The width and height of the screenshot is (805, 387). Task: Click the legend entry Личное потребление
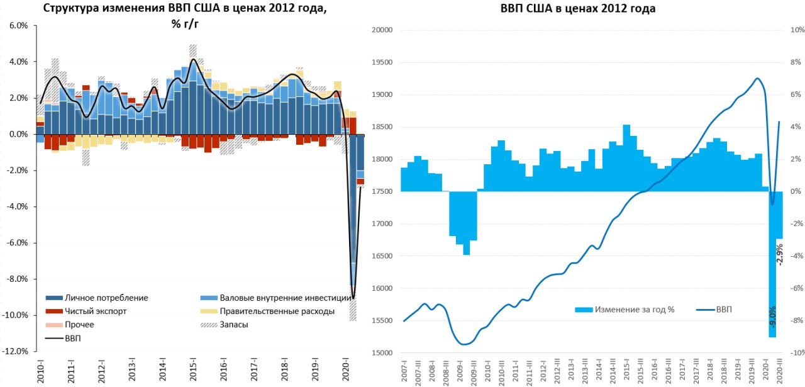pos(107,298)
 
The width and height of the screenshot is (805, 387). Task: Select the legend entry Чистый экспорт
pos(96,311)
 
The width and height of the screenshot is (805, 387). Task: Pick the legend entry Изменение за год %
pos(635,309)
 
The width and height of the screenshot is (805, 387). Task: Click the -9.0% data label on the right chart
pos(772,315)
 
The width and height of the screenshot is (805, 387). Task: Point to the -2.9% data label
pos(780,254)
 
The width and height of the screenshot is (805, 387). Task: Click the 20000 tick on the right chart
pos(382,30)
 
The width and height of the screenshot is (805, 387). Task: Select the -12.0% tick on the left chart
pos(16,351)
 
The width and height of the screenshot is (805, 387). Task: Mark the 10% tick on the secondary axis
pos(797,30)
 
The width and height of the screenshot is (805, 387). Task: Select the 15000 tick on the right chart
pos(382,353)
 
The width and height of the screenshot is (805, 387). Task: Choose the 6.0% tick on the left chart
pos(18,26)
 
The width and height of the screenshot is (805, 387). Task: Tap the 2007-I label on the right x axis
pos(404,371)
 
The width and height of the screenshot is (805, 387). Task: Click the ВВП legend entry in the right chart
pos(724,309)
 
